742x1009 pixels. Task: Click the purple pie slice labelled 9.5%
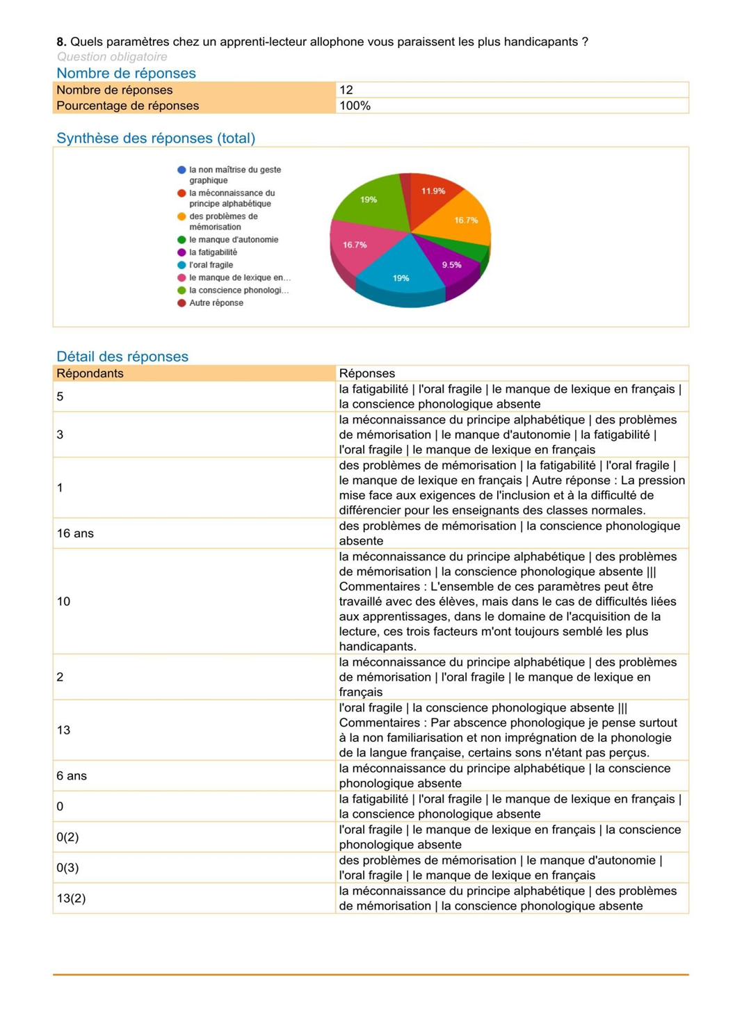tap(451, 265)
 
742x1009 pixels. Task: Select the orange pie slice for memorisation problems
tap(465, 220)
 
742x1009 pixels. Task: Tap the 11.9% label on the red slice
tap(433, 191)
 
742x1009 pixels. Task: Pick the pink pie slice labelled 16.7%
tap(355, 245)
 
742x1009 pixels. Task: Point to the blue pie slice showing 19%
tap(401, 278)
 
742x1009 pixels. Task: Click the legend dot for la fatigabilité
tap(182, 252)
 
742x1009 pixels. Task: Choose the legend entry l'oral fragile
tap(211, 265)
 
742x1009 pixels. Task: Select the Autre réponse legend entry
tap(216, 303)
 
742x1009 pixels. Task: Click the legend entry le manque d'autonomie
tap(233, 240)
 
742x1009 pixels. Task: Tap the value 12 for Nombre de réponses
tap(346, 90)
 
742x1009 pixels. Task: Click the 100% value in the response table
tap(355, 106)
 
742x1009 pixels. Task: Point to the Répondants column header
tap(90, 373)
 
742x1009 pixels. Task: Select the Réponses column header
tap(366, 373)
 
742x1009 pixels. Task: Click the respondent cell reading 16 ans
tap(75, 533)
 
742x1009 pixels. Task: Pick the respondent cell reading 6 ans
tap(72, 775)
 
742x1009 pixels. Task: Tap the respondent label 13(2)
tap(71, 898)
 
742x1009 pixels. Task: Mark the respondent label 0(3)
tap(67, 868)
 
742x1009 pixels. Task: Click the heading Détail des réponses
tap(122, 357)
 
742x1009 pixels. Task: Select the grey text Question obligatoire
tap(112, 57)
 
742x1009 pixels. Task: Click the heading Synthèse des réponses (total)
tap(156, 138)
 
